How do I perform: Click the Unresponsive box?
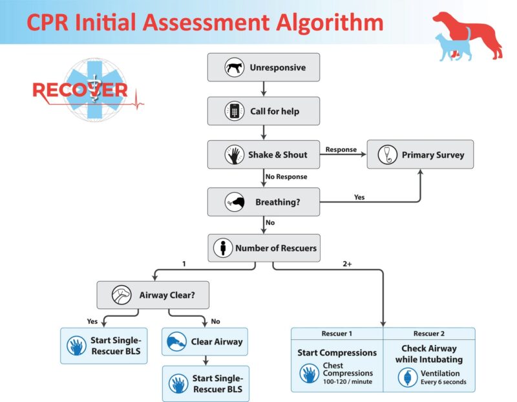pos(263,67)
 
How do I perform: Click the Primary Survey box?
pos(420,155)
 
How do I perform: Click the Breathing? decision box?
pos(263,202)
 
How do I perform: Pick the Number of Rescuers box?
pos(263,248)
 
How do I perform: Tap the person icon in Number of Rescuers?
pos(224,248)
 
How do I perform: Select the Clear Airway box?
pos(205,341)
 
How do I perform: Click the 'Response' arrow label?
pos(341,149)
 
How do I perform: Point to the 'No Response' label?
pos(286,176)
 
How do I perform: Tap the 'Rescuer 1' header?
pos(337,333)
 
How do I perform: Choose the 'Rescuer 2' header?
pos(429,333)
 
